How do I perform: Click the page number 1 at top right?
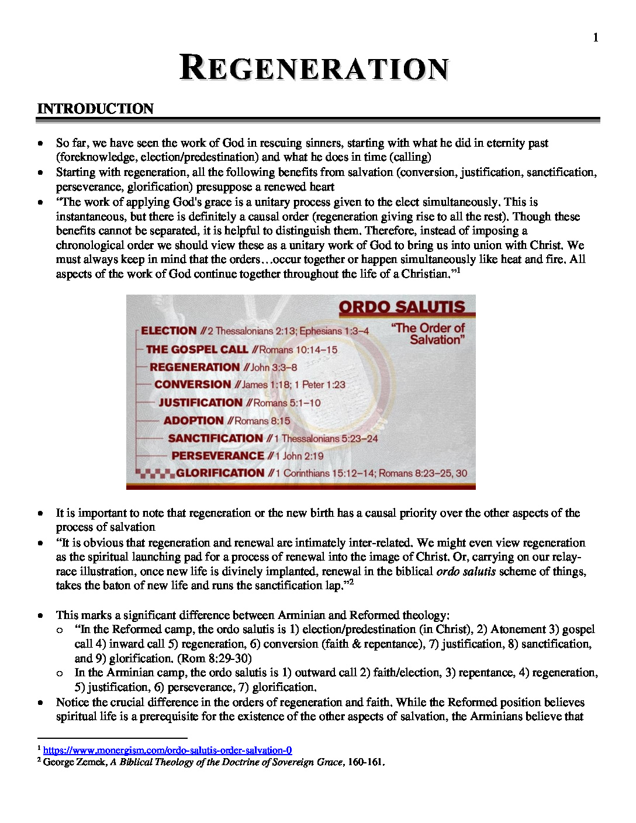click(596, 38)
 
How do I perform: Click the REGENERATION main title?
click(314, 68)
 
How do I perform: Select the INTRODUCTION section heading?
click(95, 109)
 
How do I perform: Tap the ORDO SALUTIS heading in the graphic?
click(402, 307)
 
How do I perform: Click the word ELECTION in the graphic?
click(168, 331)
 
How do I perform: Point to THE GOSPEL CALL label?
click(197, 350)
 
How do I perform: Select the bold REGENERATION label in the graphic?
click(195, 367)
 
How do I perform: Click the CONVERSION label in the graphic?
click(193, 385)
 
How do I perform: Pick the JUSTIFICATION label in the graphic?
click(201, 403)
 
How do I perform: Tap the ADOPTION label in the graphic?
click(193, 421)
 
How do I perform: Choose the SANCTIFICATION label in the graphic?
click(215, 438)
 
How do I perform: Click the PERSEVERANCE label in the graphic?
click(217, 456)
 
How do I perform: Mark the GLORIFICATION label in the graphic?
click(220, 473)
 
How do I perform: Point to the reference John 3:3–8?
click(274, 368)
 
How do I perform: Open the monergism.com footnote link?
click(167, 750)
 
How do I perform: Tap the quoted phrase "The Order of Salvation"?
click(428, 334)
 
